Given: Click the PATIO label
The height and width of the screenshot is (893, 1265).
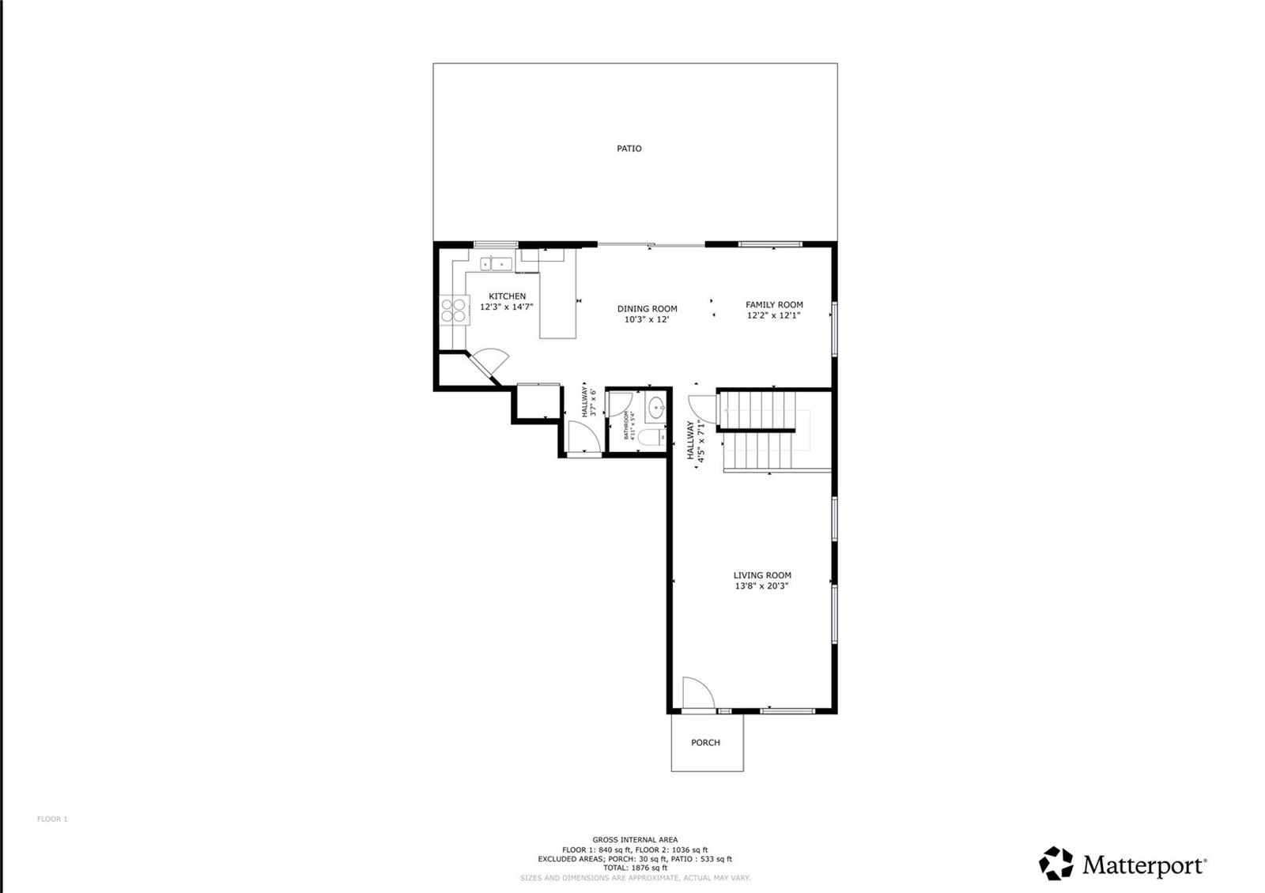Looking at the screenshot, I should tap(629, 149).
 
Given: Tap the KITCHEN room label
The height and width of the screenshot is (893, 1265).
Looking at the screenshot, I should tap(507, 296).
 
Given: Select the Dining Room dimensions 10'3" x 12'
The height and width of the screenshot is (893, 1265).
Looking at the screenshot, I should tap(647, 320).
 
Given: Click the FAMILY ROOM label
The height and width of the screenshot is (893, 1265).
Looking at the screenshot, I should tap(774, 304).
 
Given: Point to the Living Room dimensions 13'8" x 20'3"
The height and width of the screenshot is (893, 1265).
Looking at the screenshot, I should tap(761, 586).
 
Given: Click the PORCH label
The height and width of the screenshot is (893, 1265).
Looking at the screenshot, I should tap(705, 743).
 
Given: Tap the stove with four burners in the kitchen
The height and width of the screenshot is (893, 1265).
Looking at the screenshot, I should tap(453, 310).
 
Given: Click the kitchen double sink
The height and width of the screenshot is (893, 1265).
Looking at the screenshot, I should tap(496, 263).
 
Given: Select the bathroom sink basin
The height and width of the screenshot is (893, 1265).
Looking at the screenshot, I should tap(657, 409).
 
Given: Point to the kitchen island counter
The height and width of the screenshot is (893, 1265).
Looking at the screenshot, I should tap(558, 304).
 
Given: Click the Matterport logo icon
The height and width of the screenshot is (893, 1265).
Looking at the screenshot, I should tap(1055, 863).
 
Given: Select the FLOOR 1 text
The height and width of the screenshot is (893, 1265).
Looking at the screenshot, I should tap(52, 820).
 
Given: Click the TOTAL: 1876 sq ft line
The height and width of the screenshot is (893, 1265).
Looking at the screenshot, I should tap(635, 868).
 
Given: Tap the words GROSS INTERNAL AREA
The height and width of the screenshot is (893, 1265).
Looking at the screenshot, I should tap(635, 840).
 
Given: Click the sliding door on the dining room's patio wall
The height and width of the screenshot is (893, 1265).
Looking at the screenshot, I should tap(650, 245).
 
